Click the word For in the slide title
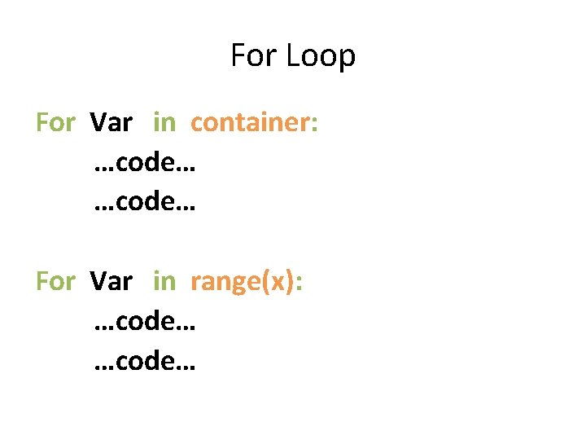click(249, 56)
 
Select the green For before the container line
click(55, 122)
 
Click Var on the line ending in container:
click(112, 122)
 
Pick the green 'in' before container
click(164, 122)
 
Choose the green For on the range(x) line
click(55, 281)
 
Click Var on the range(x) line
click(112, 281)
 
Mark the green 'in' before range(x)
click(164, 281)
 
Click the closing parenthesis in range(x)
click(289, 282)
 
